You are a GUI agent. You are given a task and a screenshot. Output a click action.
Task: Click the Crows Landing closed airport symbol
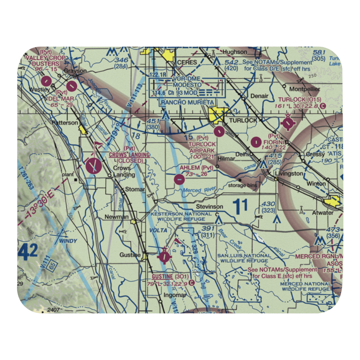point(94,166)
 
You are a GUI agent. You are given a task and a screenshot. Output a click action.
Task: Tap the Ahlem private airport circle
point(179,178)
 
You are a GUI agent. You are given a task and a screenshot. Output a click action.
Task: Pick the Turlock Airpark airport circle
point(219,131)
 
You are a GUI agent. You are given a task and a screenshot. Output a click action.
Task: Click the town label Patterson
point(64,122)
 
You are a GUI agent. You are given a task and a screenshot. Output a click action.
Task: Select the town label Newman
point(116,217)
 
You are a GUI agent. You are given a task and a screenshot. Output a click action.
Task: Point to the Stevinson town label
point(209,207)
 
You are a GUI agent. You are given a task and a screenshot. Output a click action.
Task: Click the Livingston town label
point(289,173)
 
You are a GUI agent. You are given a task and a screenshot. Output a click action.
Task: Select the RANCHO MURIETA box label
point(188,103)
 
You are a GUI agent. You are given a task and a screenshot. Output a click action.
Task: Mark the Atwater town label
point(323,212)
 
